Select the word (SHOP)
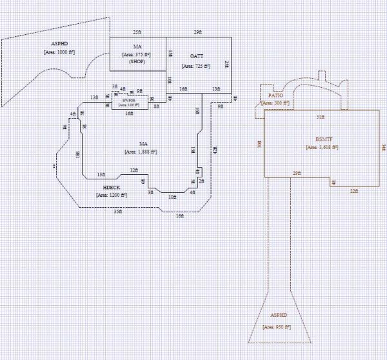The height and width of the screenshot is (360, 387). pyautogui.click(x=137, y=63)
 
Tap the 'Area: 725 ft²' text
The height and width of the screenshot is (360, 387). pyautogui.click(x=197, y=66)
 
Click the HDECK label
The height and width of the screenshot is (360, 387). pyautogui.click(x=112, y=186)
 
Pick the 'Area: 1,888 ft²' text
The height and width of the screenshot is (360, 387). pyautogui.click(x=143, y=152)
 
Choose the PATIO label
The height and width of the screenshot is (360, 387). pyautogui.click(x=275, y=95)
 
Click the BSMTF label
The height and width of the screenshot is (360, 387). pyautogui.click(x=324, y=139)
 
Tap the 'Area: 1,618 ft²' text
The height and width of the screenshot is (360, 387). pyautogui.click(x=322, y=148)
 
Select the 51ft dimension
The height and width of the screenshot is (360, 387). pyautogui.click(x=320, y=117)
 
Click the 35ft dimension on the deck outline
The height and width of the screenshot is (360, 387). pyautogui.click(x=117, y=211)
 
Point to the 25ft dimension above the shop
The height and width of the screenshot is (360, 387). pyautogui.click(x=137, y=32)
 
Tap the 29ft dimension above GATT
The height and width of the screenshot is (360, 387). pyautogui.click(x=197, y=32)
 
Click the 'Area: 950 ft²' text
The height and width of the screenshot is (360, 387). pyautogui.click(x=277, y=328)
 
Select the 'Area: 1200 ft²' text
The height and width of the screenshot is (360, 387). pyautogui.click(x=112, y=194)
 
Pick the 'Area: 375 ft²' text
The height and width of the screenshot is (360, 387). pyautogui.click(x=136, y=55)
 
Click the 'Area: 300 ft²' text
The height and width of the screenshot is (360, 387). pyautogui.click(x=275, y=103)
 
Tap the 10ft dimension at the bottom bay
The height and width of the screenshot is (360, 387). pyautogui.click(x=172, y=196)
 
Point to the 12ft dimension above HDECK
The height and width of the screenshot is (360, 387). pyautogui.click(x=134, y=170)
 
